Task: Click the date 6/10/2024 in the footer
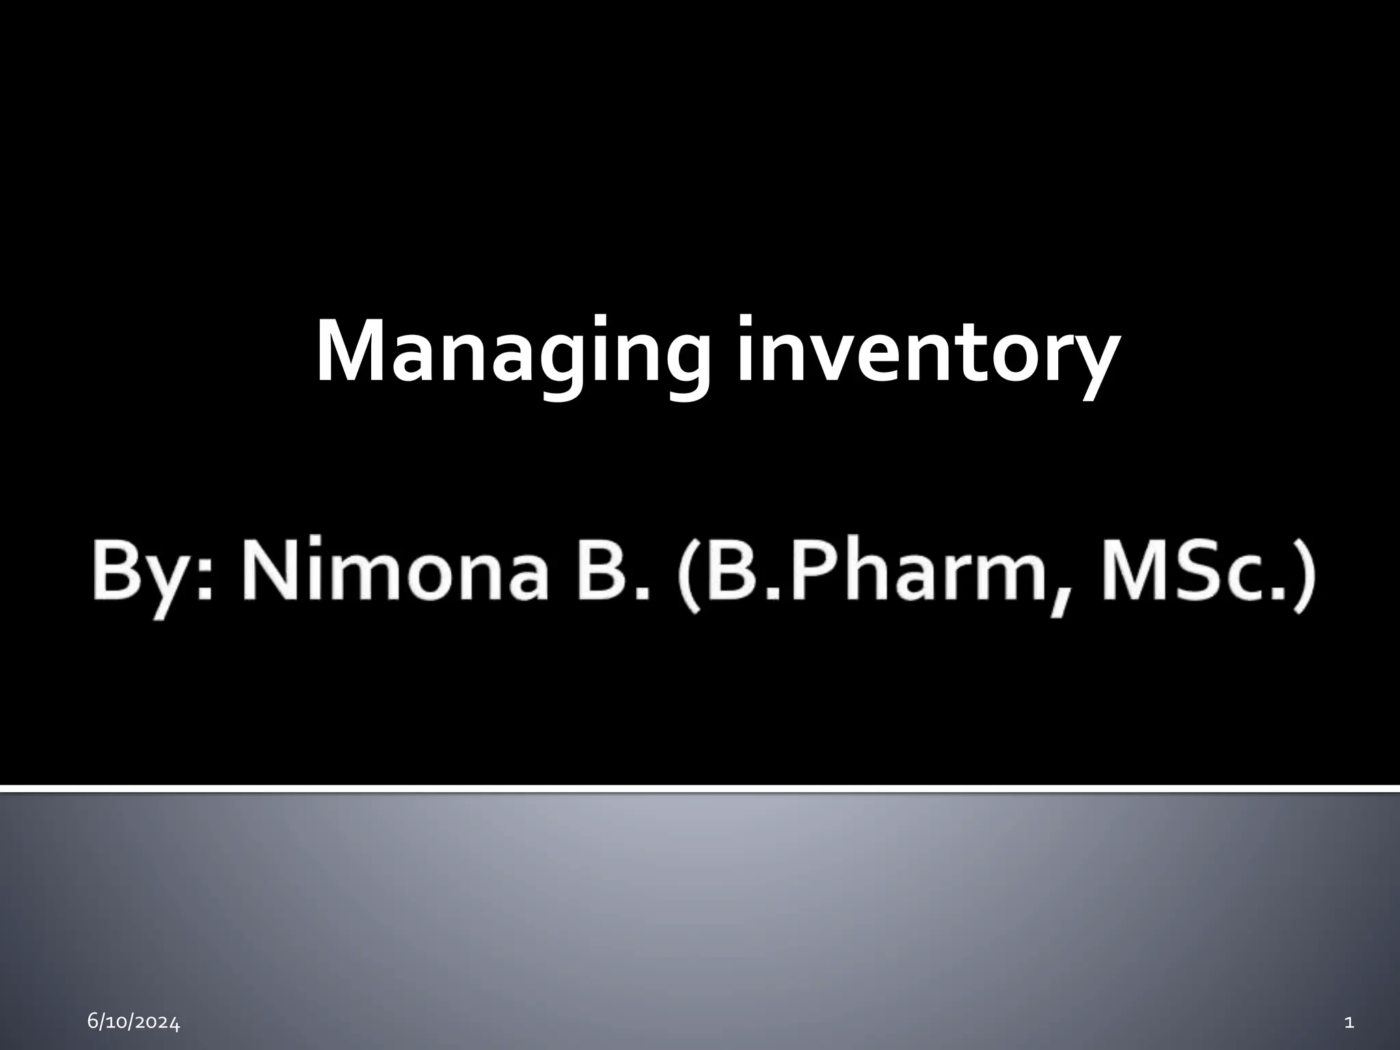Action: click(134, 1023)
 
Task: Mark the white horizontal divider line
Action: click(700, 790)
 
